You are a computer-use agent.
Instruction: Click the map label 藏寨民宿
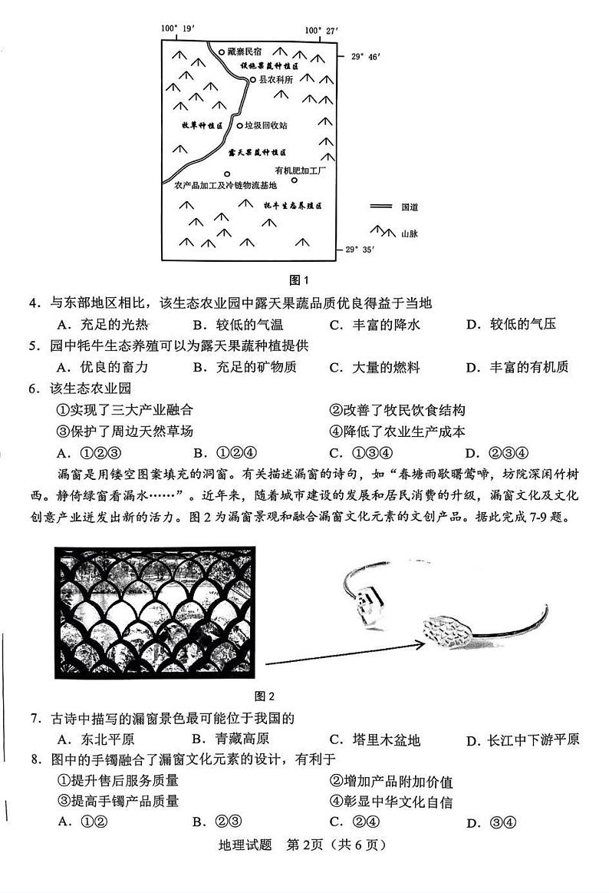[245, 52]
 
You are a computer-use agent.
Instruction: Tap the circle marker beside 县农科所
[252, 79]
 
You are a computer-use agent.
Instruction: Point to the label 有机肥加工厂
[300, 170]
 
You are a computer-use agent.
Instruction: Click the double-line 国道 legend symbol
[380, 207]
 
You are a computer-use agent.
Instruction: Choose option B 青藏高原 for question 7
[230, 739]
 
